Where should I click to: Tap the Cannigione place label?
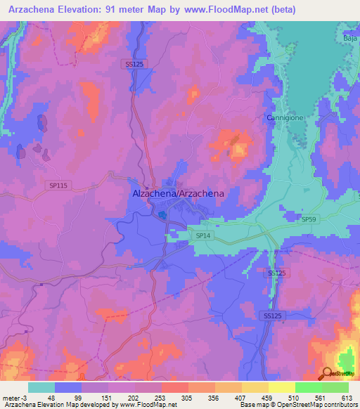(x=285, y=118)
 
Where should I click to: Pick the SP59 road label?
(x=309, y=220)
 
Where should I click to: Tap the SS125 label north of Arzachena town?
(x=134, y=64)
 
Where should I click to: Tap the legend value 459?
(x=255, y=398)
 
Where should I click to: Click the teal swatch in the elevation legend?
(x=41, y=387)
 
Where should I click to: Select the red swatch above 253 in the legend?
(x=174, y=387)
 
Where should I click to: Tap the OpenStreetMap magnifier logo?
(x=328, y=373)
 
